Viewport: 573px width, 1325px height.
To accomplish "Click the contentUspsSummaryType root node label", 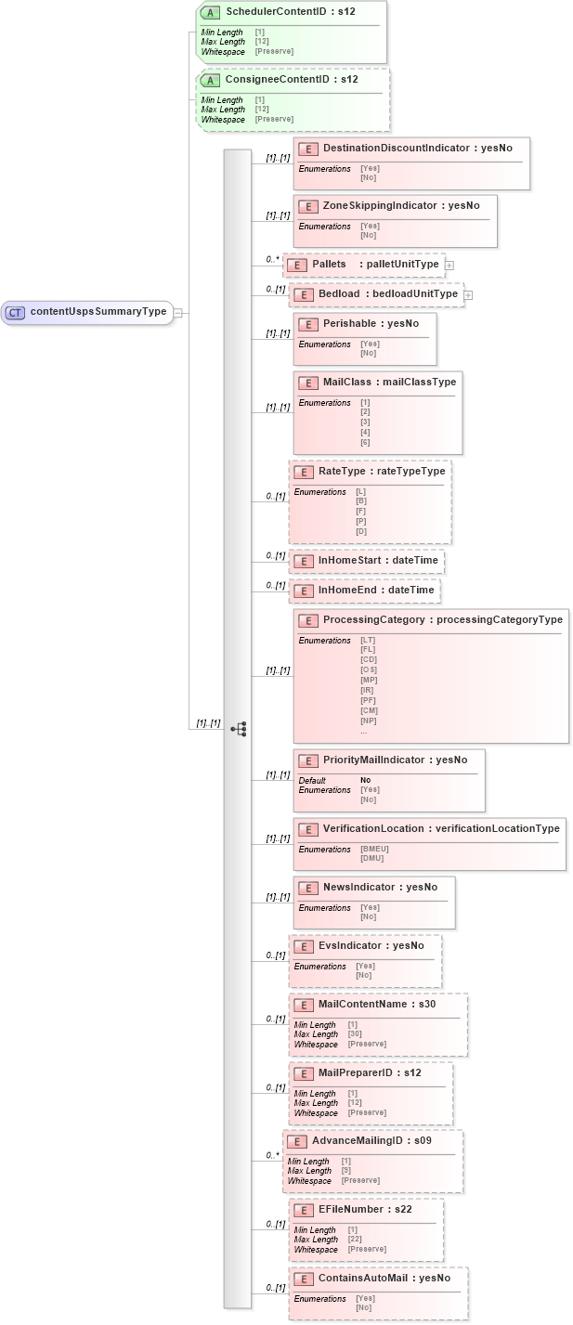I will coord(98,312).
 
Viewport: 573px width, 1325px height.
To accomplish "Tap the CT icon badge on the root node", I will coord(15,312).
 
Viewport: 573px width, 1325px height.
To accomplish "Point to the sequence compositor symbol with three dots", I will coord(238,729).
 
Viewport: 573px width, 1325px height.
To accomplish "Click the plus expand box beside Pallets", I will coord(449,265).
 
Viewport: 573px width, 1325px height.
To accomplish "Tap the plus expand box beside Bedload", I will coord(468,294).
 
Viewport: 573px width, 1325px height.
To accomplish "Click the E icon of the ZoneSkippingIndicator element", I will coord(307,206).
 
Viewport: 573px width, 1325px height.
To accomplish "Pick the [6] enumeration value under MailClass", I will coord(365,443).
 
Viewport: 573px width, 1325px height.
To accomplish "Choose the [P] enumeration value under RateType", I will coord(361,522).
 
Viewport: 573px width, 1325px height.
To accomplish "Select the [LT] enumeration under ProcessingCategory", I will coord(368,641).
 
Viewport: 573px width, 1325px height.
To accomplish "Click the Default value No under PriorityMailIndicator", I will coord(366,780).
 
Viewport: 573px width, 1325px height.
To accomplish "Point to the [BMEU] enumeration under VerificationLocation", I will coord(374,849).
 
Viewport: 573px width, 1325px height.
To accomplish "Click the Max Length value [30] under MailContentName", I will coord(355,1034).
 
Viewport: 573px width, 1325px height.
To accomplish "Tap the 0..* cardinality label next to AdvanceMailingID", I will coord(272,1155).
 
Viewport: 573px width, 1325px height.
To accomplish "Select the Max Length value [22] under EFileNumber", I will coord(355,1240).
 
